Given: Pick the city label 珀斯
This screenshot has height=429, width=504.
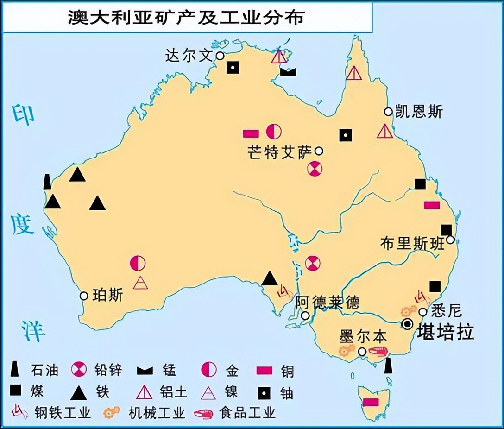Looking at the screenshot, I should [108, 295].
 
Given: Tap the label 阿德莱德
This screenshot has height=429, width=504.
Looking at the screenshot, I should [328, 303].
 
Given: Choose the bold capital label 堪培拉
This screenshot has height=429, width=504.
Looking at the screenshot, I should [445, 332].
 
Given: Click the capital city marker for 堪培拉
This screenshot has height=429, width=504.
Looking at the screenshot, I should [408, 324].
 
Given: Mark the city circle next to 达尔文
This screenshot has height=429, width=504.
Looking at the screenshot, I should [220, 56].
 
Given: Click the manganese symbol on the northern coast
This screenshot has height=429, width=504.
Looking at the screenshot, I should [288, 71].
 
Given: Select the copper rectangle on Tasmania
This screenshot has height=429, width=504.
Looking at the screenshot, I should [371, 402].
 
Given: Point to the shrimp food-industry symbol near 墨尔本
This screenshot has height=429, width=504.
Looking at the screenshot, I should [377, 351].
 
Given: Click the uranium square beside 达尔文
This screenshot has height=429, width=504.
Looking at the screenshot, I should [233, 68].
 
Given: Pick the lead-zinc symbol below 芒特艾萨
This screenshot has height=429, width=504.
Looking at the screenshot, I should [314, 169].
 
